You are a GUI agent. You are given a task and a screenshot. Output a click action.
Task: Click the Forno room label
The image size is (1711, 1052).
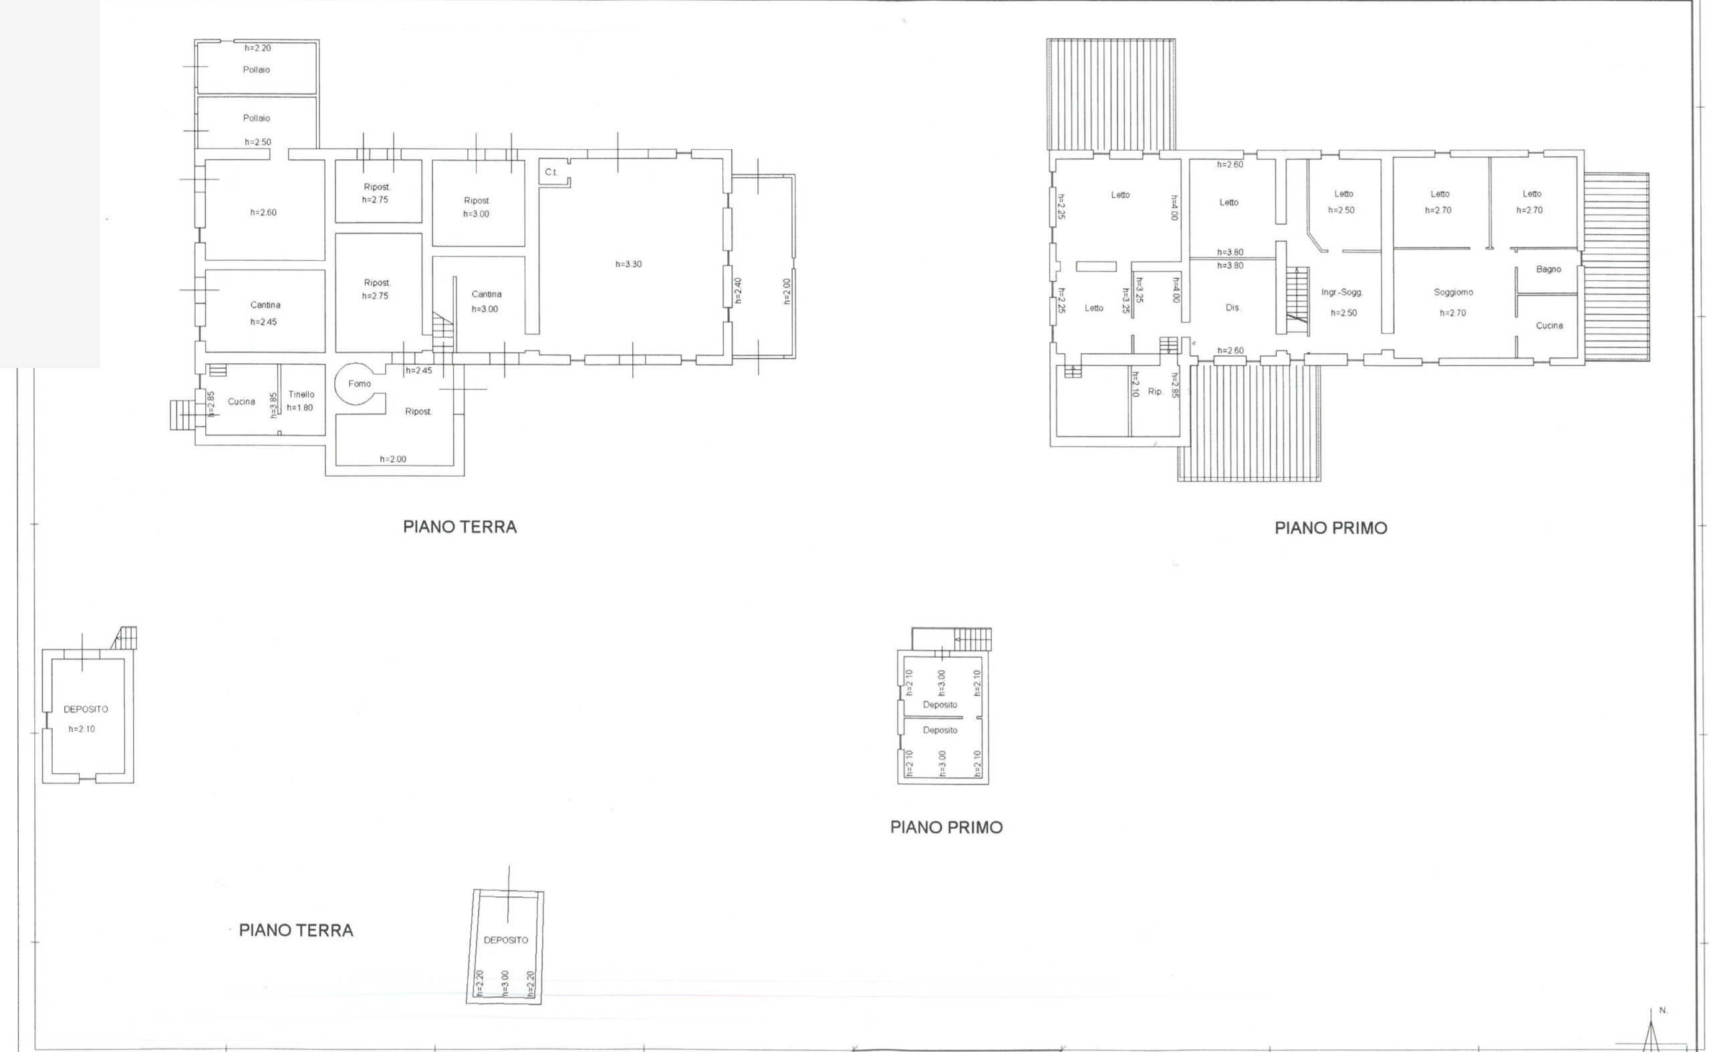[x=360, y=383]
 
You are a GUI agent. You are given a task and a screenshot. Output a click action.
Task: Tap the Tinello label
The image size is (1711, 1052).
[x=301, y=395]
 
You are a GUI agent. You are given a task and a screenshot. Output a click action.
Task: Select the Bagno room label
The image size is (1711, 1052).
[x=1549, y=270]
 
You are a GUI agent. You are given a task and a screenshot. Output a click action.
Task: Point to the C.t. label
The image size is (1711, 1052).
[x=551, y=172]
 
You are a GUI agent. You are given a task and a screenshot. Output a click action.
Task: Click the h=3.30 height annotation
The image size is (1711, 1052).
[x=628, y=264]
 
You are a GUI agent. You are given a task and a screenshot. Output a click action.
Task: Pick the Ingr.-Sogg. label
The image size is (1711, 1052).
[x=1341, y=293]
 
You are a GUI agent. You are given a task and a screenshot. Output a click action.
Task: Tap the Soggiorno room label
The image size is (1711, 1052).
[x=1453, y=293]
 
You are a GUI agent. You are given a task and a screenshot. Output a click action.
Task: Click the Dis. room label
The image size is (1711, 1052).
[x=1232, y=308]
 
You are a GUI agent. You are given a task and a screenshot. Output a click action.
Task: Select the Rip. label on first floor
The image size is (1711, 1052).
[x=1155, y=392]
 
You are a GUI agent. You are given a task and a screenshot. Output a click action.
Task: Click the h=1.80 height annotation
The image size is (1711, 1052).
[x=299, y=408]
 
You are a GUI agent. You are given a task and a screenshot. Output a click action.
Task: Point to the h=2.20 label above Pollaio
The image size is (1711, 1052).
[x=257, y=48]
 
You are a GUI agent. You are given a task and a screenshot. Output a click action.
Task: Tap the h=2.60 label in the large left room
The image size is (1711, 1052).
[x=263, y=212]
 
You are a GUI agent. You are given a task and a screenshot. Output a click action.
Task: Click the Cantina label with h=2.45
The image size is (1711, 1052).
[x=265, y=305]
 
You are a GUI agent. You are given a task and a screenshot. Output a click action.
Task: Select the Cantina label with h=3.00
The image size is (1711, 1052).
[x=486, y=294]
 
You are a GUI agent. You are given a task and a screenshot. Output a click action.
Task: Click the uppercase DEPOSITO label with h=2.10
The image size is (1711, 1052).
[x=86, y=710]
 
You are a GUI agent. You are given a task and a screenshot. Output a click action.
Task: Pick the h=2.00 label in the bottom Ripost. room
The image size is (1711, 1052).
[x=393, y=459]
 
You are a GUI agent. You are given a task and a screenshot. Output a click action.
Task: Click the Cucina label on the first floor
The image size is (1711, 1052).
[x=1549, y=326]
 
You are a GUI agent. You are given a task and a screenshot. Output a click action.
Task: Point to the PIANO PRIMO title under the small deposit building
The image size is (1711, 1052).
[x=946, y=827]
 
